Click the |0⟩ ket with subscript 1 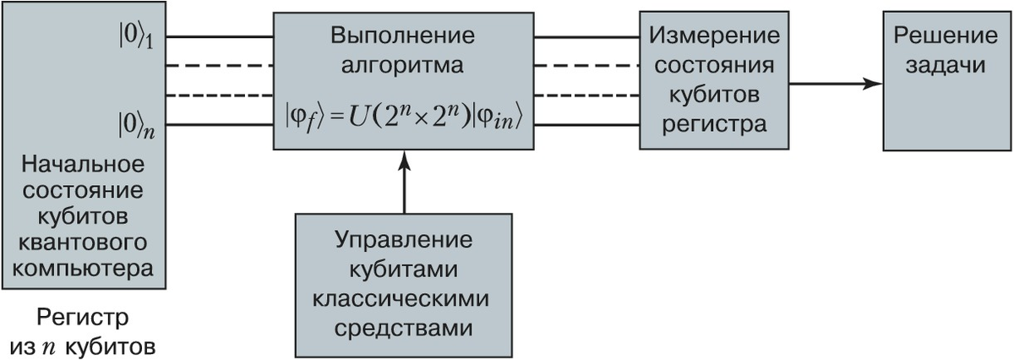pos(135,39)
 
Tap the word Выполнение pos(403,37)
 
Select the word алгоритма pos(403,65)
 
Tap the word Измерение pos(714,37)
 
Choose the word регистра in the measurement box pos(714,124)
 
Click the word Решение pos(940,37)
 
